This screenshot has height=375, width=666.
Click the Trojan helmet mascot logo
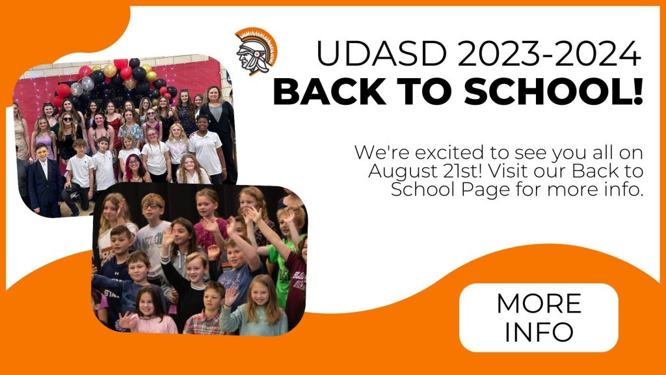[x=256, y=51]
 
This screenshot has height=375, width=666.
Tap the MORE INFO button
[x=539, y=318]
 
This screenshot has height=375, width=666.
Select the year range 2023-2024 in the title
[x=549, y=53]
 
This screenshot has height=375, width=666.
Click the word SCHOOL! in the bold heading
[x=553, y=91]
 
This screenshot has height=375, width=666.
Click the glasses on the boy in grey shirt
[x=151, y=206]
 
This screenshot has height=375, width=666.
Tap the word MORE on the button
[x=539, y=303]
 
